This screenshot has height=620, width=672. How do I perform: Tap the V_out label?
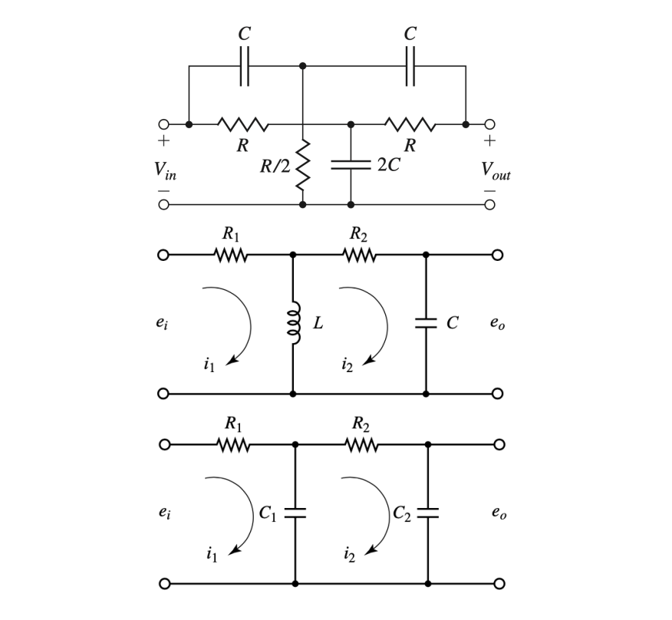tap(496, 171)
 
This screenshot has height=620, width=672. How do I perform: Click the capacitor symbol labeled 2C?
tap(351, 164)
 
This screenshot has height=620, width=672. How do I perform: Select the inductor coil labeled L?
tap(293, 324)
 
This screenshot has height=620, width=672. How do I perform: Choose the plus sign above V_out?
tap(489, 141)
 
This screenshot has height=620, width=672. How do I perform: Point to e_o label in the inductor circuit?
tap(497, 325)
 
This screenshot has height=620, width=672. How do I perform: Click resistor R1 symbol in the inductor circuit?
tap(231, 255)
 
